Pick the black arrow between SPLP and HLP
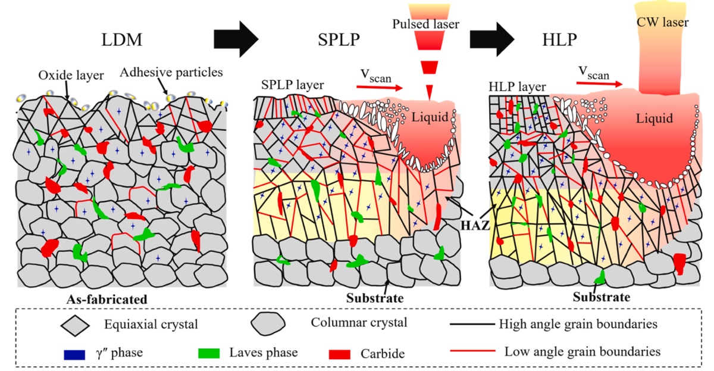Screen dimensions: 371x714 (492, 39)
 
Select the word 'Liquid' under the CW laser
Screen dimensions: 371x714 (653, 119)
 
